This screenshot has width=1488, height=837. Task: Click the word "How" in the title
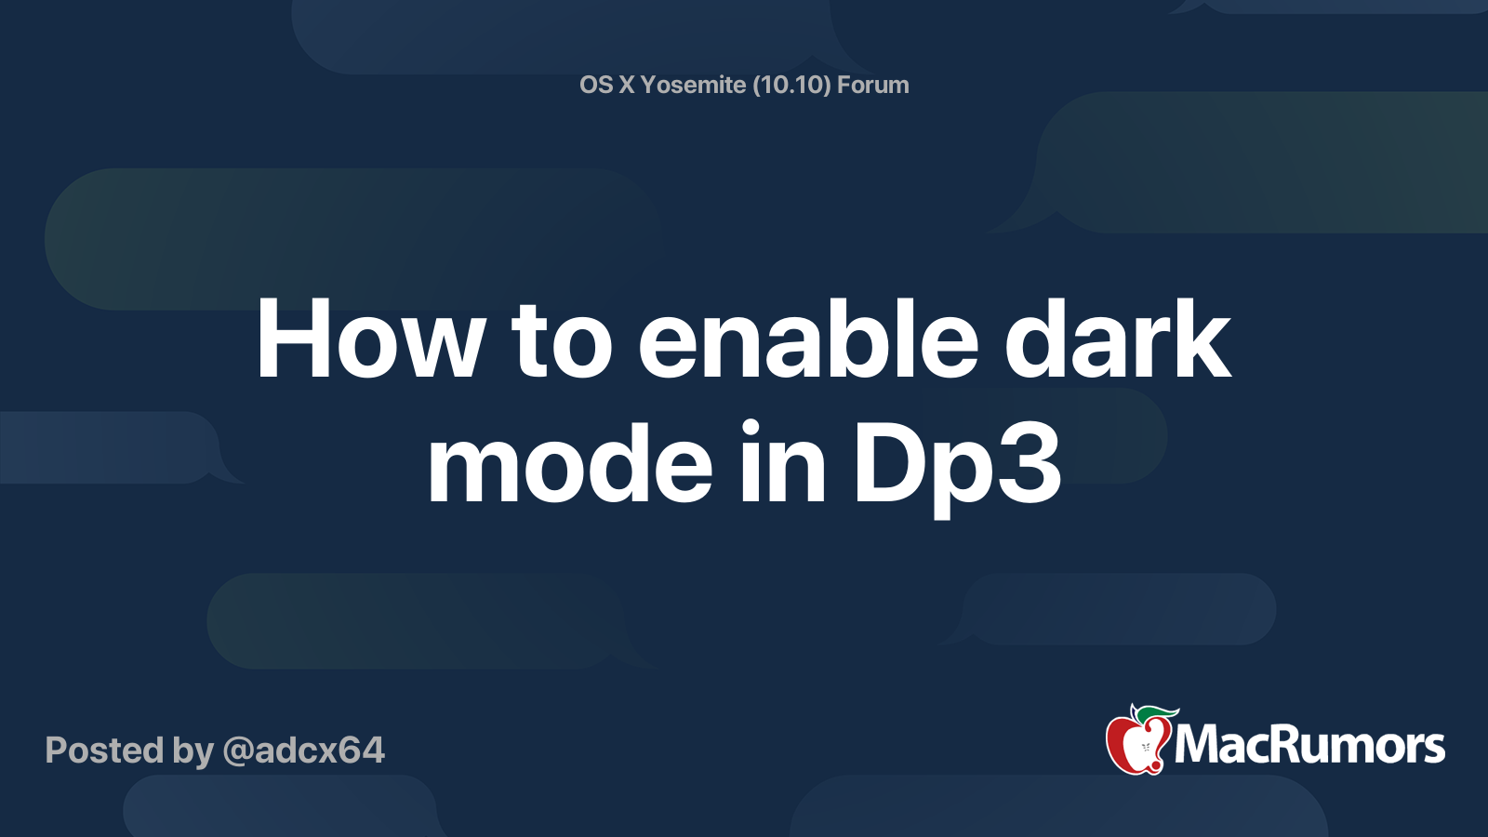pos(370,340)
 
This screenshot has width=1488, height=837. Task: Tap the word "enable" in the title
pos(807,340)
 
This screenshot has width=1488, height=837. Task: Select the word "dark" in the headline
pos(1118,340)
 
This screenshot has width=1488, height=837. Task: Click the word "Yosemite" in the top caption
pos(693,85)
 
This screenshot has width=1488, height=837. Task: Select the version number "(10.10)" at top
pos(791,85)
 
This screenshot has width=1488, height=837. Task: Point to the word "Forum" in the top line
pos(872,85)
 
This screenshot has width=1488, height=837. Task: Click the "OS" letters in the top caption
pos(596,85)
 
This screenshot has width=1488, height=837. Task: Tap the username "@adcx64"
pos(303,751)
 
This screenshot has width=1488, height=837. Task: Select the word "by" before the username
pos(193,751)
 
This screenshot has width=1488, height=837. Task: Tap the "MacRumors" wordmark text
pos(1309,746)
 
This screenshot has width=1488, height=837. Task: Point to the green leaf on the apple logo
pos(1155,713)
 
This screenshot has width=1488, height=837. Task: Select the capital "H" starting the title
pos(287,340)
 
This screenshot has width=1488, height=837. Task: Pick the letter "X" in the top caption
pos(627,85)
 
